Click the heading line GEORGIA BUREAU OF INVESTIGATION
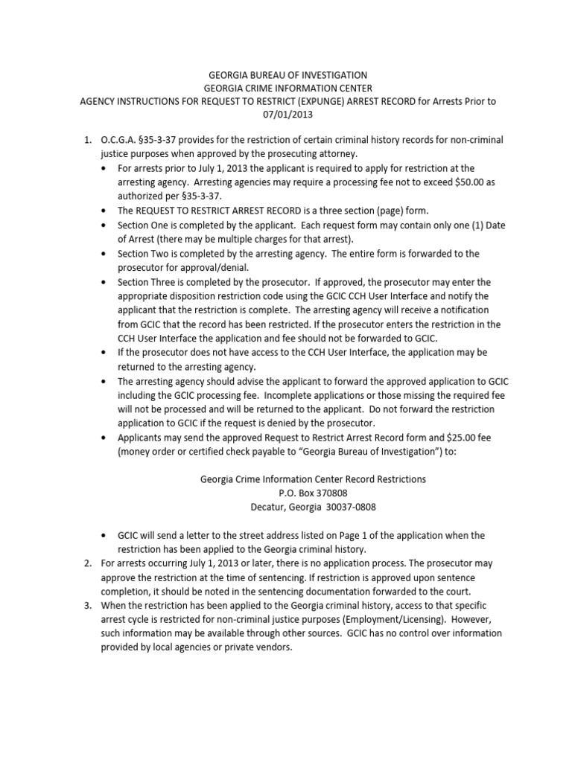click(287, 75)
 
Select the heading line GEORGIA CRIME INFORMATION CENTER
click(287, 89)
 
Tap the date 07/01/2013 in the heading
click(287, 115)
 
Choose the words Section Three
click(147, 282)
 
